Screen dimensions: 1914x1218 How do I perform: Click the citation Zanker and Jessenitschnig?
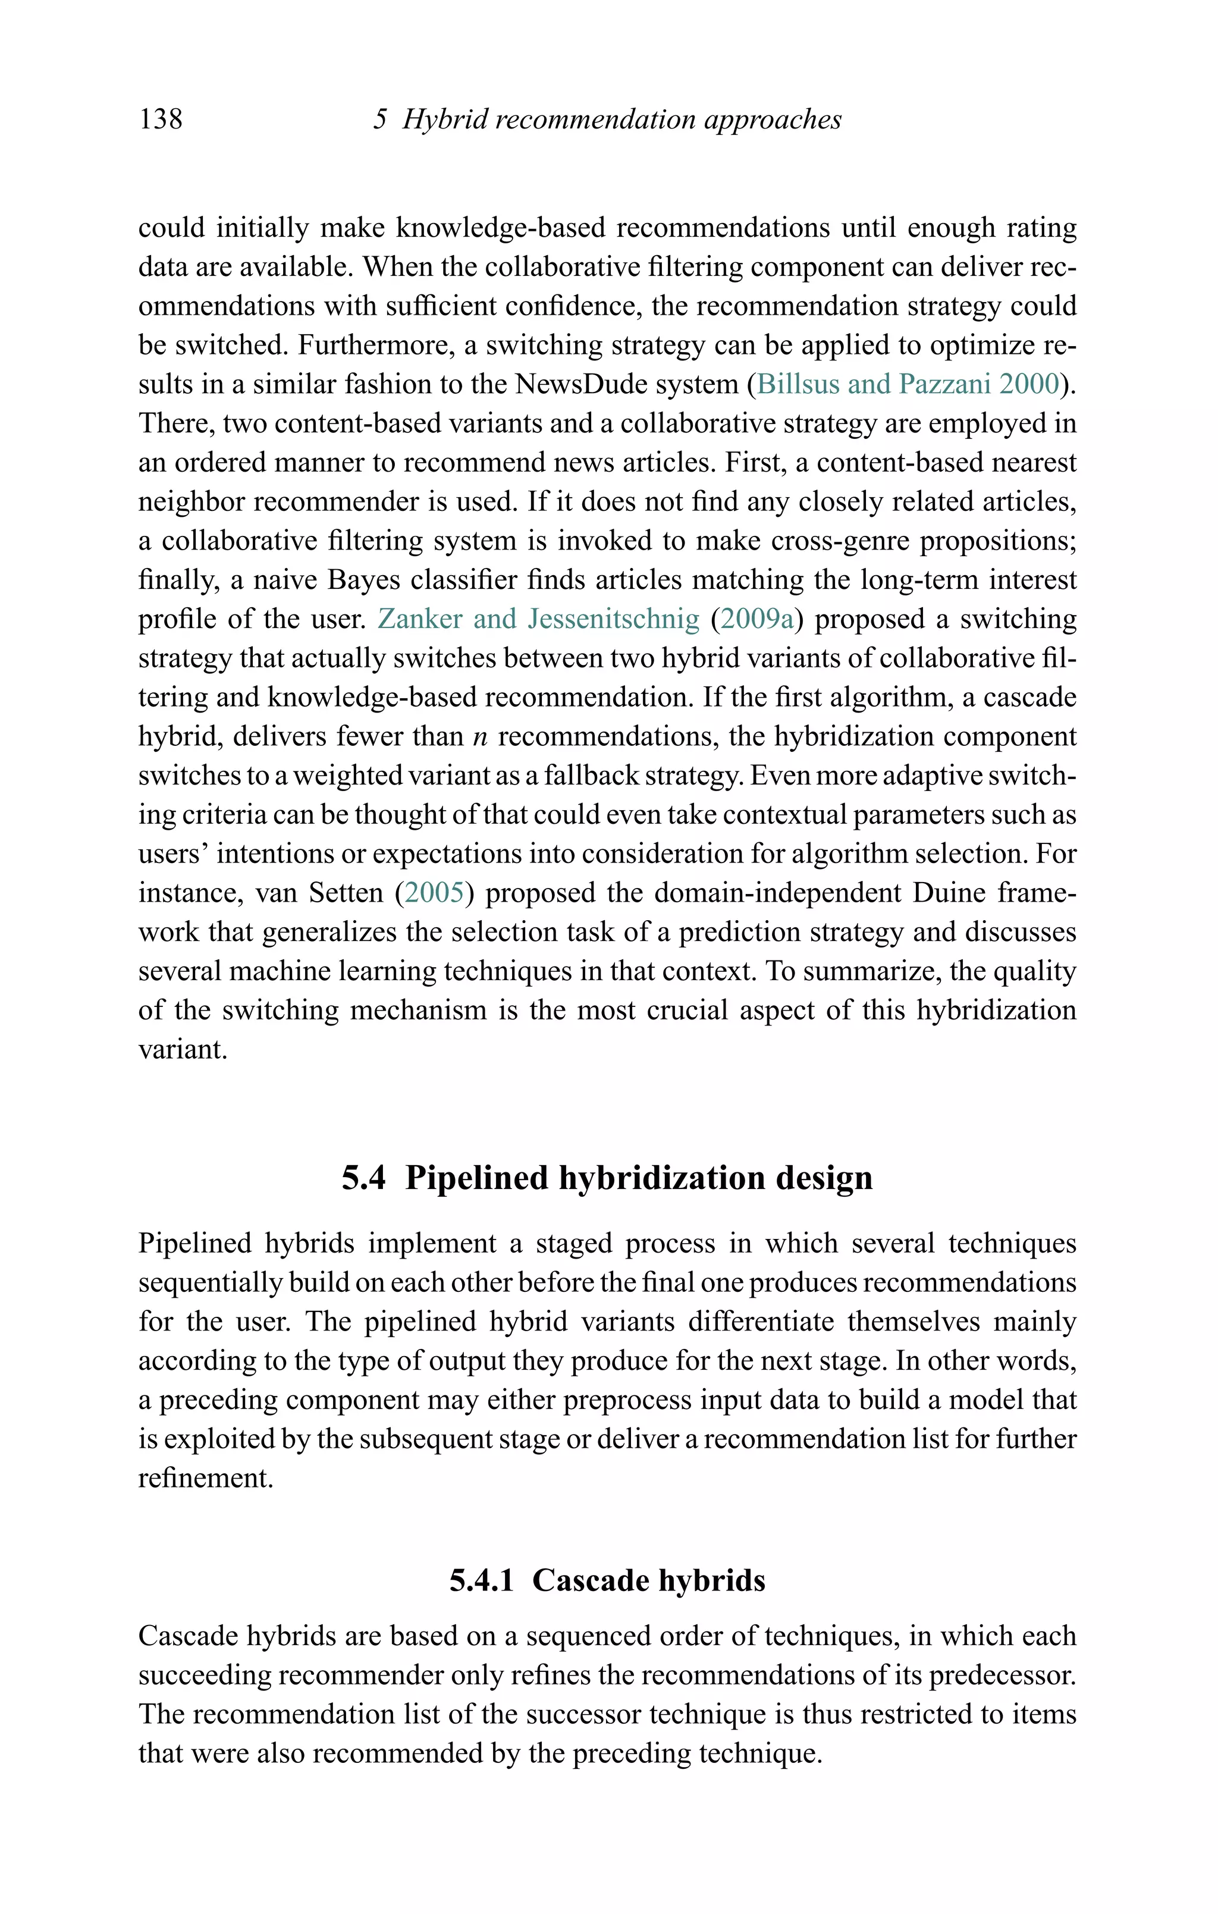(538, 619)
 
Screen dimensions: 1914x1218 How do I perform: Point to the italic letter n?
(479, 737)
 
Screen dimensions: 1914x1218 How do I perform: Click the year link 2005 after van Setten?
(434, 893)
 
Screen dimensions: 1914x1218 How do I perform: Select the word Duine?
(949, 893)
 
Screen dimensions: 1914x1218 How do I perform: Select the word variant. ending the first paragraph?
(183, 1049)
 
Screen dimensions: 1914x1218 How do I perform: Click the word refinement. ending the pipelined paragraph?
(206, 1477)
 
